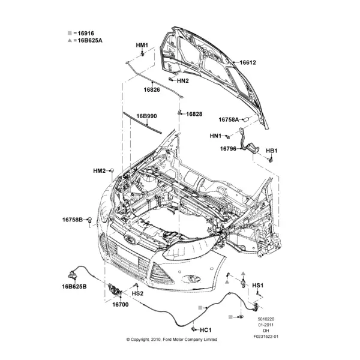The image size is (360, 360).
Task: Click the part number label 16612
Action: [248, 62]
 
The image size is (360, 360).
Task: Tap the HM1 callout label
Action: [142, 45]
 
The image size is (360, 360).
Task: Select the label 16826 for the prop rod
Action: [152, 89]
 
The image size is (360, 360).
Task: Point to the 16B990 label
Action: [147, 116]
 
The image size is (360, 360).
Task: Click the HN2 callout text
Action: [183, 81]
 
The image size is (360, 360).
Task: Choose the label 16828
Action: [194, 114]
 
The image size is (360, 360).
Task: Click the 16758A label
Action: [229, 119]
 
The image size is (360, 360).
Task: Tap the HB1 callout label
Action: [272, 151]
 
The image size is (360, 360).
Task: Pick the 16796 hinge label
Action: [228, 149]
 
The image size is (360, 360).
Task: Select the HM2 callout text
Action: [100, 171]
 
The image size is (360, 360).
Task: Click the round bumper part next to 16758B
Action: [90, 220]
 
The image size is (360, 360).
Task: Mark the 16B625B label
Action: [74, 287]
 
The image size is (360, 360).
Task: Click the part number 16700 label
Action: [121, 305]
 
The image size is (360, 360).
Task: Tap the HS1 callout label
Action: [258, 286]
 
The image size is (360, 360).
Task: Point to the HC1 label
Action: [205, 330]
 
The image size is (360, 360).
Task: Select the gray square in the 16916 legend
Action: [70, 33]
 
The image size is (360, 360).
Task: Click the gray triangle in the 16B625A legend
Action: [70, 40]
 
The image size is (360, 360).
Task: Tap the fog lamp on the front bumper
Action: [191, 279]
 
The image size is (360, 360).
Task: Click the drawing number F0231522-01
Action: [266, 337]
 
